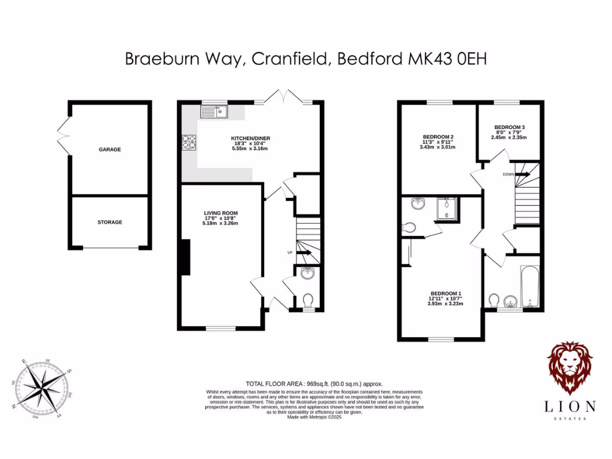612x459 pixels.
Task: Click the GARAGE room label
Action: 109,149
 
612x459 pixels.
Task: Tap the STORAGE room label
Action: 109,222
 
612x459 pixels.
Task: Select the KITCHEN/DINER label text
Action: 250,138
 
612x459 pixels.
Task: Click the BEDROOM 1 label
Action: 445,293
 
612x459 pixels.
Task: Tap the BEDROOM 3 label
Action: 509,127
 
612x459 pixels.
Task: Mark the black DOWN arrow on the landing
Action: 522,174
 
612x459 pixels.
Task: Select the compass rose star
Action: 42,388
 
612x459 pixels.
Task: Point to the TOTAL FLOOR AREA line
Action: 314,384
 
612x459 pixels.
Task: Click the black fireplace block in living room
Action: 186,257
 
